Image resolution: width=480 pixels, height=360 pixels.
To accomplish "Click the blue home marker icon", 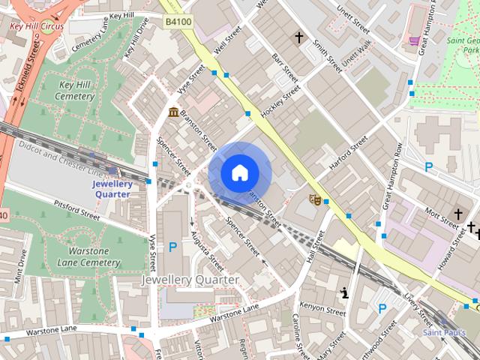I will point(239,173).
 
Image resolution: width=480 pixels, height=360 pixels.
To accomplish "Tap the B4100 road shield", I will point(178,22).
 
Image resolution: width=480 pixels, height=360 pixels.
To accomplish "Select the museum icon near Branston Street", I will point(174,112).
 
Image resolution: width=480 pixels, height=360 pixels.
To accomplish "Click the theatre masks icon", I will point(316,199).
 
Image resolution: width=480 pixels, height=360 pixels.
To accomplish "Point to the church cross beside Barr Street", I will point(299,37).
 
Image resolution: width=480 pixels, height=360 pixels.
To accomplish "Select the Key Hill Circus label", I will point(37,26).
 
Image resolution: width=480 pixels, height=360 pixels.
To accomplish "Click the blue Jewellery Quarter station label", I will point(112,188).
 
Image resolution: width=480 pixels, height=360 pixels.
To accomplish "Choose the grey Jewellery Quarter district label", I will point(190,280).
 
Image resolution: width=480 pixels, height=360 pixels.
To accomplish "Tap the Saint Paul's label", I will point(443,331).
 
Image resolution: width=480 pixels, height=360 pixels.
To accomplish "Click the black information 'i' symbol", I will point(344,292).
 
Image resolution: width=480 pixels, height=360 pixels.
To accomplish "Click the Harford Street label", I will point(349,153).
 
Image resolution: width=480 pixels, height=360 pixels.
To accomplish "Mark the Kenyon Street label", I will point(321,307).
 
